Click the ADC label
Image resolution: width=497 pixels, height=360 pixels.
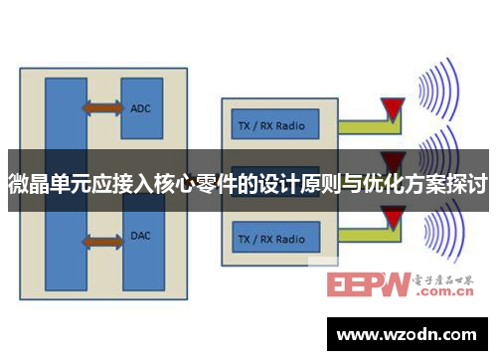tap(140, 107)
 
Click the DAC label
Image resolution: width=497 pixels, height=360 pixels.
tap(140, 237)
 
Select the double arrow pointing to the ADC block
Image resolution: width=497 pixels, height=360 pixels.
tap(103, 106)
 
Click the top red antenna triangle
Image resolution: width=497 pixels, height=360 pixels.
tap(395, 108)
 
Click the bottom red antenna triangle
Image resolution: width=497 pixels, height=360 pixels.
tap(395, 217)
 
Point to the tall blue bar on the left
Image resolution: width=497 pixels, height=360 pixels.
tap(66, 179)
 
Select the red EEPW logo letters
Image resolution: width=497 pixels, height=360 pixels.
tap(367, 285)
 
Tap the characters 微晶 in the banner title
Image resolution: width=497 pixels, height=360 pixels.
tap(30, 184)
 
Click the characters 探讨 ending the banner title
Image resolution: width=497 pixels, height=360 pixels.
tap(467, 184)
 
